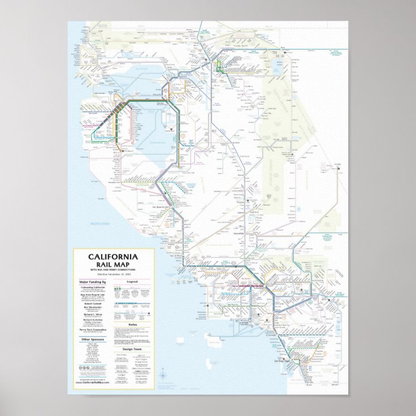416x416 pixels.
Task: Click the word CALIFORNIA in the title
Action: point(111,256)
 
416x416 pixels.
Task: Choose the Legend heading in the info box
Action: point(133,281)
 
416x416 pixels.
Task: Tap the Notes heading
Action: point(133,324)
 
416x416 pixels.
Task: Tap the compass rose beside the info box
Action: point(162,374)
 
